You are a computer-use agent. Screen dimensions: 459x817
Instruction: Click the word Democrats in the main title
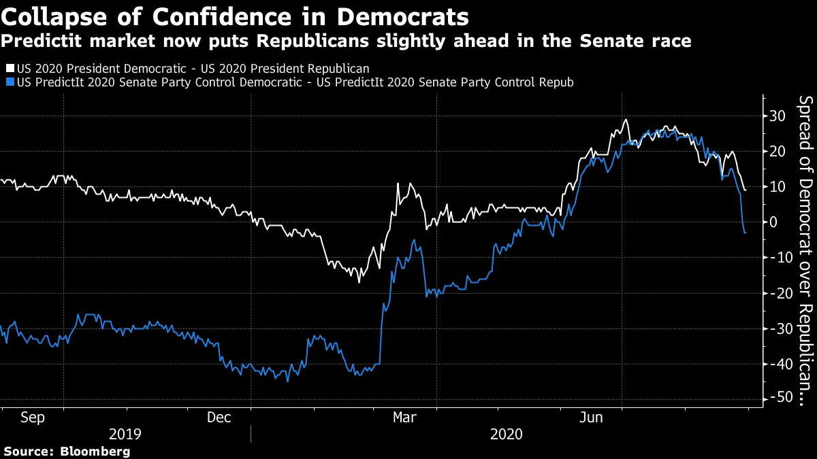pos(401,15)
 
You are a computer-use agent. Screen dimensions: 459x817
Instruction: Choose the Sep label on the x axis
pos(32,418)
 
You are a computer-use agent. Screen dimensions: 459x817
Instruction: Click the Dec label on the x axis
pos(219,418)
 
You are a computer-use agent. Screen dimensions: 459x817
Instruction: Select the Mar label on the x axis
pos(406,418)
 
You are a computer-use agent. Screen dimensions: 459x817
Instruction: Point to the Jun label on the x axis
pos(591,418)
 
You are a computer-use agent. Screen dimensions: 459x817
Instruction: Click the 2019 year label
pos(125,434)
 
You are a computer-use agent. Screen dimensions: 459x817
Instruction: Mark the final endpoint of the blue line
pos(746,233)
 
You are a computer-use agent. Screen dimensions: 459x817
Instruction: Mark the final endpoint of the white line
pos(746,190)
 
